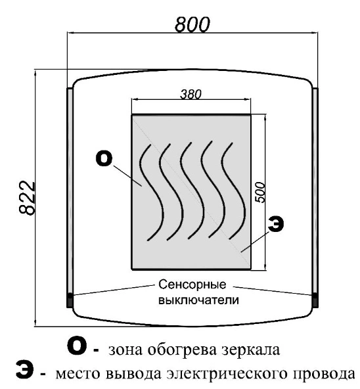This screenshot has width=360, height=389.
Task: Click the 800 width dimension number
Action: pyautogui.click(x=192, y=25)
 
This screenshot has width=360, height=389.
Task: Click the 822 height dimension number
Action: pyautogui.click(x=27, y=198)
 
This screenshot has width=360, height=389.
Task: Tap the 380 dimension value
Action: pyautogui.click(x=191, y=94)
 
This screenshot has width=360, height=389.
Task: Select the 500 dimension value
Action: pyautogui.click(x=260, y=193)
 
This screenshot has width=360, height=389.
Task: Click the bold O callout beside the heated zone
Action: pyautogui.click(x=104, y=159)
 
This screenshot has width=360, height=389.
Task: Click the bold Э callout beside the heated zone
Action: pyautogui.click(x=276, y=223)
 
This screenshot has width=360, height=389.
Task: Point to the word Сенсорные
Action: pyautogui.click(x=192, y=285)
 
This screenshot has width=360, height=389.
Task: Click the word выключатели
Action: pyautogui.click(x=198, y=300)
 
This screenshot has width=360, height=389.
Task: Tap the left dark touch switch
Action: pyautogui.click(x=70, y=300)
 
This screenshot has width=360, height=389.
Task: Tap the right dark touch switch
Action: pyautogui.click(x=315, y=300)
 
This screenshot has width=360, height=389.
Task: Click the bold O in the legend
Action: pyautogui.click(x=77, y=346)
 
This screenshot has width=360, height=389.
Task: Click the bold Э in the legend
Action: pyautogui.click(x=24, y=370)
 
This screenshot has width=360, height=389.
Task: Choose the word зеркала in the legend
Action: pyautogui.click(x=251, y=350)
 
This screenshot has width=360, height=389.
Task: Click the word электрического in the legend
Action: pyautogui.click(x=227, y=374)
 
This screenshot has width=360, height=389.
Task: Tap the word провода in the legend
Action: pyautogui.click(x=324, y=374)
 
